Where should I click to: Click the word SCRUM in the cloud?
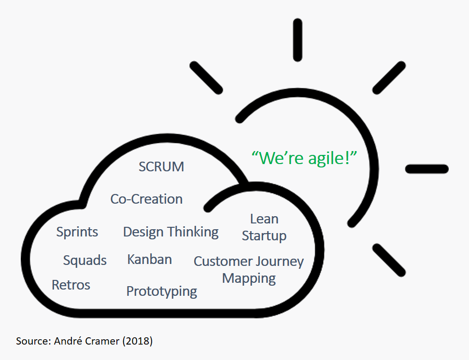[161, 167]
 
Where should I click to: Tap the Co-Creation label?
[146, 199]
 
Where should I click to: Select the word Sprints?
[77, 232]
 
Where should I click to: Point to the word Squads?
[85, 261]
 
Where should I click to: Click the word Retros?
[71, 285]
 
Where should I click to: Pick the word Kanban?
[149, 259]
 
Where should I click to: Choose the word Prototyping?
[161, 291]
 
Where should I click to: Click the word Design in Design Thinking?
[143, 232]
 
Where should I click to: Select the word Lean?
[264, 219]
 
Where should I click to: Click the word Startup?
[264, 236]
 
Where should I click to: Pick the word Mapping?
[249, 278]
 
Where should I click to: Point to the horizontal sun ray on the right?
[427, 169]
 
